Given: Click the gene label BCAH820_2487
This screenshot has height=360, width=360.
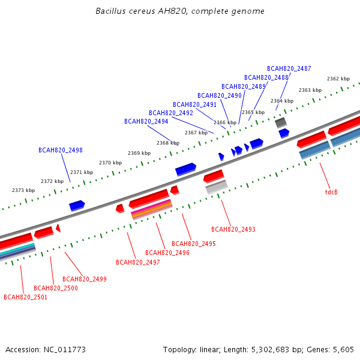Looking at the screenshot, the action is [289, 68].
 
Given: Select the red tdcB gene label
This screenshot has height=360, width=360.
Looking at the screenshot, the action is [331, 192].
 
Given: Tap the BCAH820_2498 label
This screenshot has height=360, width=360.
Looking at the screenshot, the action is [61, 150].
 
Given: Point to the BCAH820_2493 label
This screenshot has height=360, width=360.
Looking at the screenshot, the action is [233, 229].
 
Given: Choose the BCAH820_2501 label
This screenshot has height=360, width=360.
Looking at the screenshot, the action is [25, 298].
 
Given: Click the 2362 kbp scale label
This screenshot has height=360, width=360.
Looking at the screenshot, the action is [338, 79].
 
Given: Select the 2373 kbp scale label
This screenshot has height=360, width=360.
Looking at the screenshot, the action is [23, 190].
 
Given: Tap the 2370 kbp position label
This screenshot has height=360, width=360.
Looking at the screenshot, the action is [110, 163].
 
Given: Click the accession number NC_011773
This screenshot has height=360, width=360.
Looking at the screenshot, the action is [65, 350].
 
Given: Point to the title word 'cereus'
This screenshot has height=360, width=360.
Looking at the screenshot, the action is [142, 11].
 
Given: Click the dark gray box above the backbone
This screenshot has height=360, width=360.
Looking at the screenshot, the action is [281, 122].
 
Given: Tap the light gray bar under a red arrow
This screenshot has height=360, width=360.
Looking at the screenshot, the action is [217, 187].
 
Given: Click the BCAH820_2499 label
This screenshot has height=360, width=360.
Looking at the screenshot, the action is [85, 279].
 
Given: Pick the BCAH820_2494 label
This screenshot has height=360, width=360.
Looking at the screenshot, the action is [146, 121].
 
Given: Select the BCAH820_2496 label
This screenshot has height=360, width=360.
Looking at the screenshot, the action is [167, 253].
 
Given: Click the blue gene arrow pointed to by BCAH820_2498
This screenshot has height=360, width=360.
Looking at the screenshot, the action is [77, 205].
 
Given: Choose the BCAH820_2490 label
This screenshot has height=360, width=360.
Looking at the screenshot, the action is [220, 95].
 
